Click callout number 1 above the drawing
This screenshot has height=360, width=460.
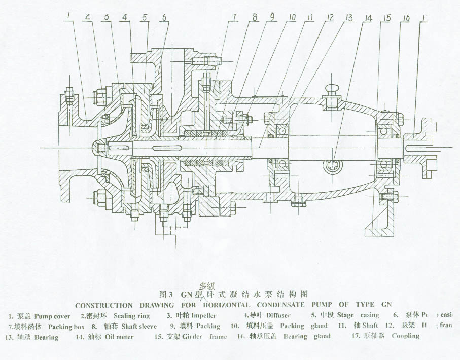point(67,16)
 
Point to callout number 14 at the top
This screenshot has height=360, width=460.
point(368,19)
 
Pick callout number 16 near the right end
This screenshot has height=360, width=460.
point(405,19)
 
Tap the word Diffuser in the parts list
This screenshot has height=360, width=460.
point(278,315)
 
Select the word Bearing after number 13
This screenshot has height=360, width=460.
point(46,337)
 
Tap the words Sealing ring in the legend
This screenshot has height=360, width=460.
point(132,316)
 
